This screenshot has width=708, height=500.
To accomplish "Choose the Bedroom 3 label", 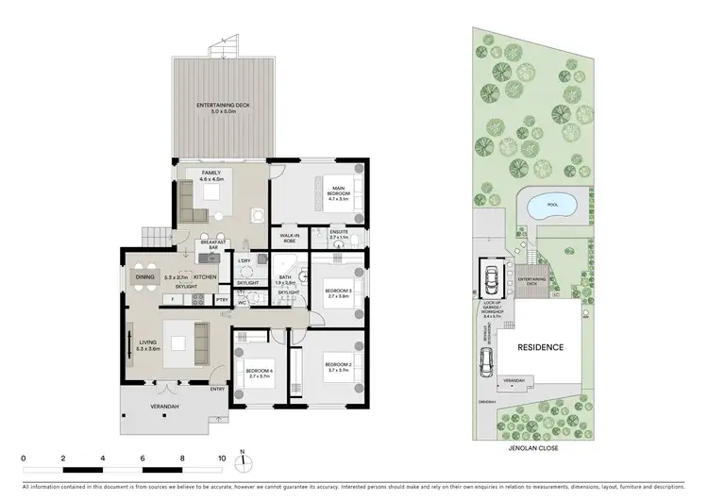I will (x=338, y=292).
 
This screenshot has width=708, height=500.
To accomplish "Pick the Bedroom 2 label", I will (x=338, y=365).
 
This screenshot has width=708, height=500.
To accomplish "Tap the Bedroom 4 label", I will (x=259, y=373).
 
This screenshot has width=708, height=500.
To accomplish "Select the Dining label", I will (x=145, y=276).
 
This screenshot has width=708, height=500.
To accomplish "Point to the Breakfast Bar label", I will (x=211, y=244).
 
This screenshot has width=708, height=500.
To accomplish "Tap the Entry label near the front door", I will (x=218, y=389).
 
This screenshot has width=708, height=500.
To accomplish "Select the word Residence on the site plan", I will (x=541, y=347).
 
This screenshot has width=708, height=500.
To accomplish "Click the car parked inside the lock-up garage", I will (x=492, y=277).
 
